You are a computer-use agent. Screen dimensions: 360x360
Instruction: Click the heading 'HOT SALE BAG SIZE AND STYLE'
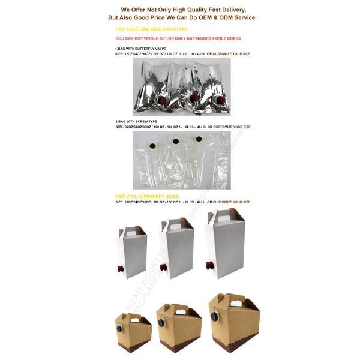tap(151, 29)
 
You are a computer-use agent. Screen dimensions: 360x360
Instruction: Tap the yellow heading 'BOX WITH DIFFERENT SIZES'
tap(146, 196)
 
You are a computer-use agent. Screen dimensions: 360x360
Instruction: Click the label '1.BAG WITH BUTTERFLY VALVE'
tap(142, 48)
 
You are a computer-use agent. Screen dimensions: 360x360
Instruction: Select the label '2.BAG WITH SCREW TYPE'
tap(137, 122)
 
